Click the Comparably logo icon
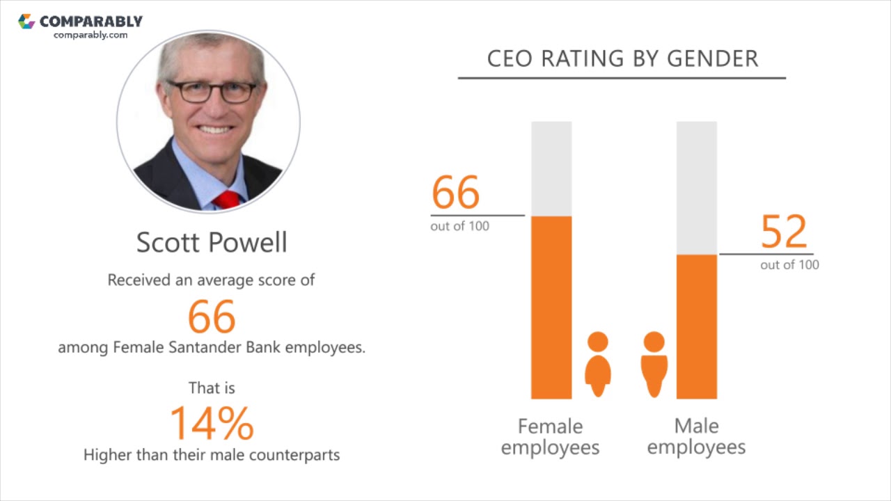pos(26,22)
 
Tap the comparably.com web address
pos(90,35)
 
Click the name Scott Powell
pos(212,242)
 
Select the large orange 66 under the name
pos(212,317)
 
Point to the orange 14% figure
pos(212,423)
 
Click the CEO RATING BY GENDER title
pos(622,59)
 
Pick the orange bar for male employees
pos(696,327)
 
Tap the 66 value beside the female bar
pos(456,192)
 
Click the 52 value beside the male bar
pos(784,231)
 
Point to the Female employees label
pos(550,436)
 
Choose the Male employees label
pos(696,436)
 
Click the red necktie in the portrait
pos(226,200)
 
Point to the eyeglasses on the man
pos(212,91)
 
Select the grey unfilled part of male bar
pos(696,188)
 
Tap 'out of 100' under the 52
pos(789,265)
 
